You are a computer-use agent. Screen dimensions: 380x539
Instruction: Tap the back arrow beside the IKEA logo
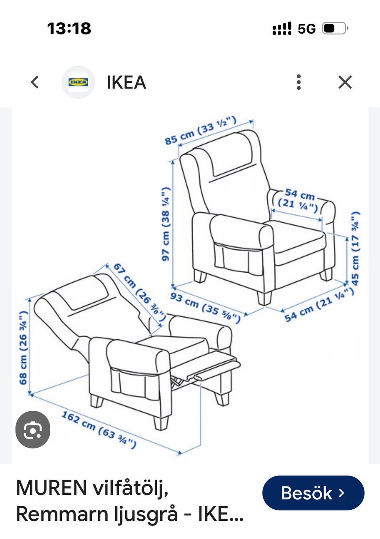[35, 82]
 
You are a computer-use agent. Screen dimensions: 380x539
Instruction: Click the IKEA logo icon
[78, 82]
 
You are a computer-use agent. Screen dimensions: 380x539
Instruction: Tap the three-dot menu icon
[299, 82]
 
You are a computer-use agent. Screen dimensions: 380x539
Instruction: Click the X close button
[345, 82]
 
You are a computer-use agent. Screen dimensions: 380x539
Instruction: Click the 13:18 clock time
[69, 28]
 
